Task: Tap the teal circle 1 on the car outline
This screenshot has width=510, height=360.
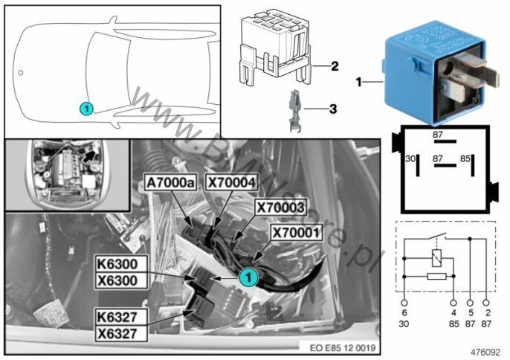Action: click(85, 108)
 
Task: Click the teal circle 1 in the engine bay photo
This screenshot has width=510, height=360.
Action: click(248, 276)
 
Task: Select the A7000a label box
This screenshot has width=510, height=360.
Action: click(170, 180)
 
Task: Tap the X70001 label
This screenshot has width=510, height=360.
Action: click(297, 232)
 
